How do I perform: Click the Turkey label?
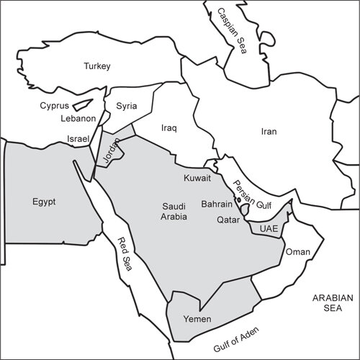pos(96,66)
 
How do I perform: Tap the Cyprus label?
pos(54,105)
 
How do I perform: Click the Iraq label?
pos(168,127)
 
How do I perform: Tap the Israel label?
pos(78,138)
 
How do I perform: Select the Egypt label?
pos(44,202)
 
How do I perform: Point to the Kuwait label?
pos(197,177)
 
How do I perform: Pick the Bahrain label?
pos(216,204)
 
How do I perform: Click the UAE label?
pos(268,229)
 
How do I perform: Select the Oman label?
pos(297,252)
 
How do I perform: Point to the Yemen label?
pos(197,318)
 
